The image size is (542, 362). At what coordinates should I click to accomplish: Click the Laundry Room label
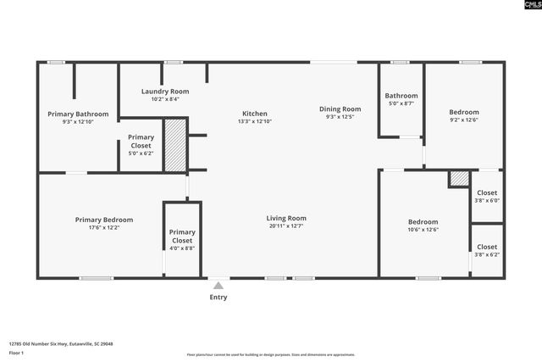[x=164, y=91]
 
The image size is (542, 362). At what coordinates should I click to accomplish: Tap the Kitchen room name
[x=255, y=114]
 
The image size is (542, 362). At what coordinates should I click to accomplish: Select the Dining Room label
[x=340, y=109]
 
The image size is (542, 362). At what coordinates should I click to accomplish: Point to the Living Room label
[x=286, y=218]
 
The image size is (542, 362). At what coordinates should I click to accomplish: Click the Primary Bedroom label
[x=103, y=220]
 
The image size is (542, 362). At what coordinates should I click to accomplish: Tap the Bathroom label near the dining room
[x=401, y=96]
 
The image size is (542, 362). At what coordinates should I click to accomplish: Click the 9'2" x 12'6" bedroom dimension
[x=463, y=120]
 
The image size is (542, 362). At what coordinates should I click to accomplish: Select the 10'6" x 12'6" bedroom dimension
[x=423, y=229]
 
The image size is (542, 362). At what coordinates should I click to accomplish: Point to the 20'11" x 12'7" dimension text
[x=286, y=226]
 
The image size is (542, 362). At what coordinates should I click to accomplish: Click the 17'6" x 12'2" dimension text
[x=103, y=227]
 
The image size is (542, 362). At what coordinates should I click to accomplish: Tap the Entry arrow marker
[x=218, y=286]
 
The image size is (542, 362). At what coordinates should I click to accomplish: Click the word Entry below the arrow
[x=218, y=297]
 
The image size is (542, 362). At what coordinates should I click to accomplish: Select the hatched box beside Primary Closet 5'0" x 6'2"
[x=174, y=146]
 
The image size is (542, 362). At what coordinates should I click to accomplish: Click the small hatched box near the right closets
[x=458, y=179]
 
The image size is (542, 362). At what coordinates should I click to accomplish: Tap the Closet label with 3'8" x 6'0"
[x=487, y=192]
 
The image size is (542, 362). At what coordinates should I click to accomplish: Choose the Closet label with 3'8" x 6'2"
[x=487, y=246]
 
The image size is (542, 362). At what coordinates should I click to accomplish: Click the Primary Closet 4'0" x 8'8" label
[x=182, y=232]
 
